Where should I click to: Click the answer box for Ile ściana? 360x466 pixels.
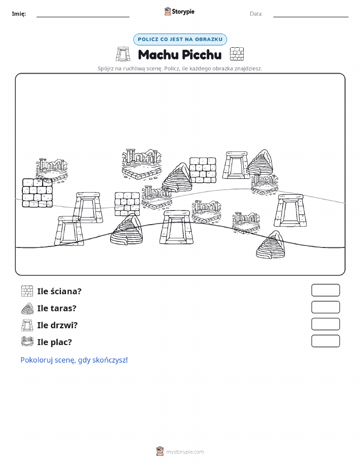(325, 290)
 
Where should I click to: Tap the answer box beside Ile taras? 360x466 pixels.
(325, 307)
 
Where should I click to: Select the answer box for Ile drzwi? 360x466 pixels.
(325, 324)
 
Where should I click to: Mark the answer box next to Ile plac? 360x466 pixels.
(325, 341)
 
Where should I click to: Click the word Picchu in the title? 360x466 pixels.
(202, 55)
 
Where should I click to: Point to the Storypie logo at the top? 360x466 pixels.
(179, 12)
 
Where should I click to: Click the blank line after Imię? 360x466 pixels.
(83, 17)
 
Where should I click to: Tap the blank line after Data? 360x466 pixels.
(311, 17)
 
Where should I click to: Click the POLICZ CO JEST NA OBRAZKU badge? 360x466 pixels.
(180, 39)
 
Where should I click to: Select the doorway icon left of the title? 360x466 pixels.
(123, 54)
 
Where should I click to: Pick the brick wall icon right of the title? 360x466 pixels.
(237, 54)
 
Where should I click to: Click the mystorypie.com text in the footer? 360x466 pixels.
(185, 452)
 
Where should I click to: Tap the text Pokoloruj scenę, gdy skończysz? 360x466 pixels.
(74, 360)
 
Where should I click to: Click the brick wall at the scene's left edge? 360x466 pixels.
(37, 193)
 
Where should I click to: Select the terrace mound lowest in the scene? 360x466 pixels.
(271, 244)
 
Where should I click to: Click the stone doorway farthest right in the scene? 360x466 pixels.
(290, 210)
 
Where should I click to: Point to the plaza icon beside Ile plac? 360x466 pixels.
(27, 341)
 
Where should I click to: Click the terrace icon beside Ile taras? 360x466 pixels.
(27, 308)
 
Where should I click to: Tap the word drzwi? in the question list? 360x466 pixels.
(64, 325)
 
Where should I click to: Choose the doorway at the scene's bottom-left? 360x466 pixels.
(69, 231)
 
